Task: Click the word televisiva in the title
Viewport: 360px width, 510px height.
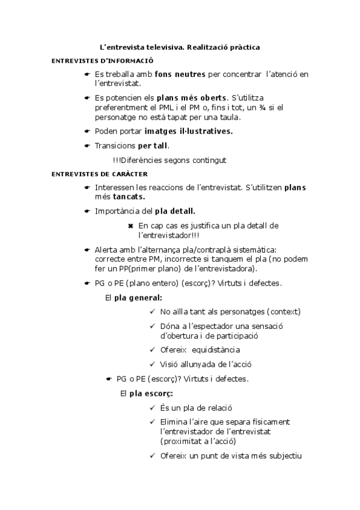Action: coord(168,46)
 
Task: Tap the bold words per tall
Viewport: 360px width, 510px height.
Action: coord(153,146)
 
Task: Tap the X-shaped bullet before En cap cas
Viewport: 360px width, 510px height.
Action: coord(130,226)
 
